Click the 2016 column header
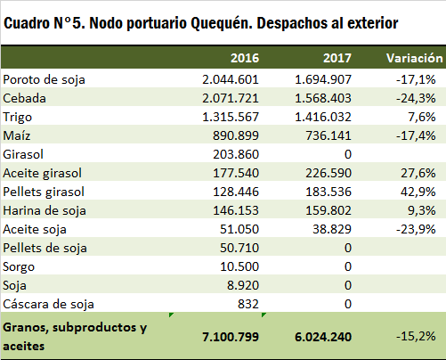[245, 58]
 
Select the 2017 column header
[337, 58]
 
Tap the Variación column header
[415, 58]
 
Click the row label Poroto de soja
[44, 80]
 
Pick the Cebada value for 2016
[231, 98]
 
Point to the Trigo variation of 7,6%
[422, 117]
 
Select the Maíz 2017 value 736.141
[328, 135]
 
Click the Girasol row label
[23, 154]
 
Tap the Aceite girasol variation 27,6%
[418, 173]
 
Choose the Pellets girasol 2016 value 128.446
[236, 192]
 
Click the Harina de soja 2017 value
[328, 210]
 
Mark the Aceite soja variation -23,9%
[416, 229]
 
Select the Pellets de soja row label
[45, 248]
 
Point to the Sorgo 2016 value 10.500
[239, 266]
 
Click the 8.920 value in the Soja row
[243, 285]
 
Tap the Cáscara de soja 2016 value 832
[248, 304]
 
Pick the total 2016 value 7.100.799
[231, 337]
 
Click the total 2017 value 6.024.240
[323, 337]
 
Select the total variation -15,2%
[416, 337]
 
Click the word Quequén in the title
[222, 24]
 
